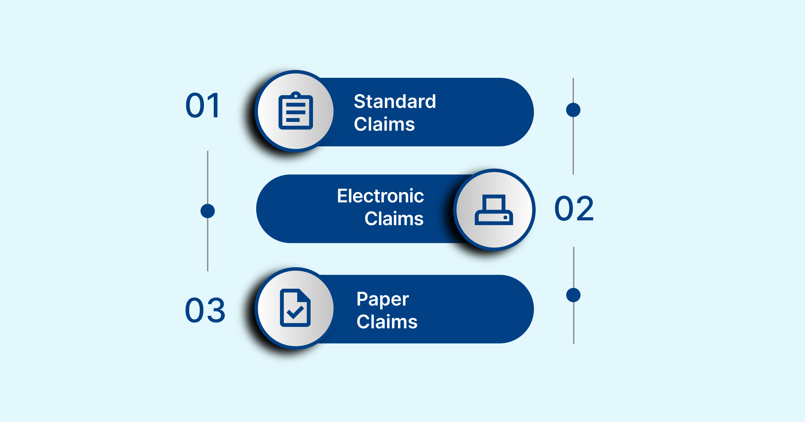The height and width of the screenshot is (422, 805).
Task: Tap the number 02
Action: coord(574,209)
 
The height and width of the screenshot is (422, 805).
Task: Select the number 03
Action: coord(205,310)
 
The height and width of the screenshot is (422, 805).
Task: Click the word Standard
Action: coord(395,101)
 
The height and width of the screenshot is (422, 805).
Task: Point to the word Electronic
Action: coord(380,196)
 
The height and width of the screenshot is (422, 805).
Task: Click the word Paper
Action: coord(382,299)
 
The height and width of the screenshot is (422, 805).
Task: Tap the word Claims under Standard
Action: coord(384,124)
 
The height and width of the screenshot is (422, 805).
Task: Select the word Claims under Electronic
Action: coord(394,219)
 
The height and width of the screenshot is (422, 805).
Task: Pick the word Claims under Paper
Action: coord(387,322)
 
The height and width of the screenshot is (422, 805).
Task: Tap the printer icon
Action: coord(494,210)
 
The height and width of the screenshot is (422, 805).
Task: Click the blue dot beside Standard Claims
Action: coord(573,110)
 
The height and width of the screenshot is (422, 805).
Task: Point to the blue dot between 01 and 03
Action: coord(208,211)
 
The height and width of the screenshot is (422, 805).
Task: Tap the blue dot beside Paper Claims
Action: coord(573,295)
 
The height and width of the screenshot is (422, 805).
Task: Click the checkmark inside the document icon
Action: coord(295,312)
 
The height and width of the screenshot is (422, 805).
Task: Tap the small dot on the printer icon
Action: coord(505,218)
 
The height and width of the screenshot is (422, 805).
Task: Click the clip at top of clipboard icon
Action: coord(296,95)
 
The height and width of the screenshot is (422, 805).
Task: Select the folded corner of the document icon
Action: coord(304,295)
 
